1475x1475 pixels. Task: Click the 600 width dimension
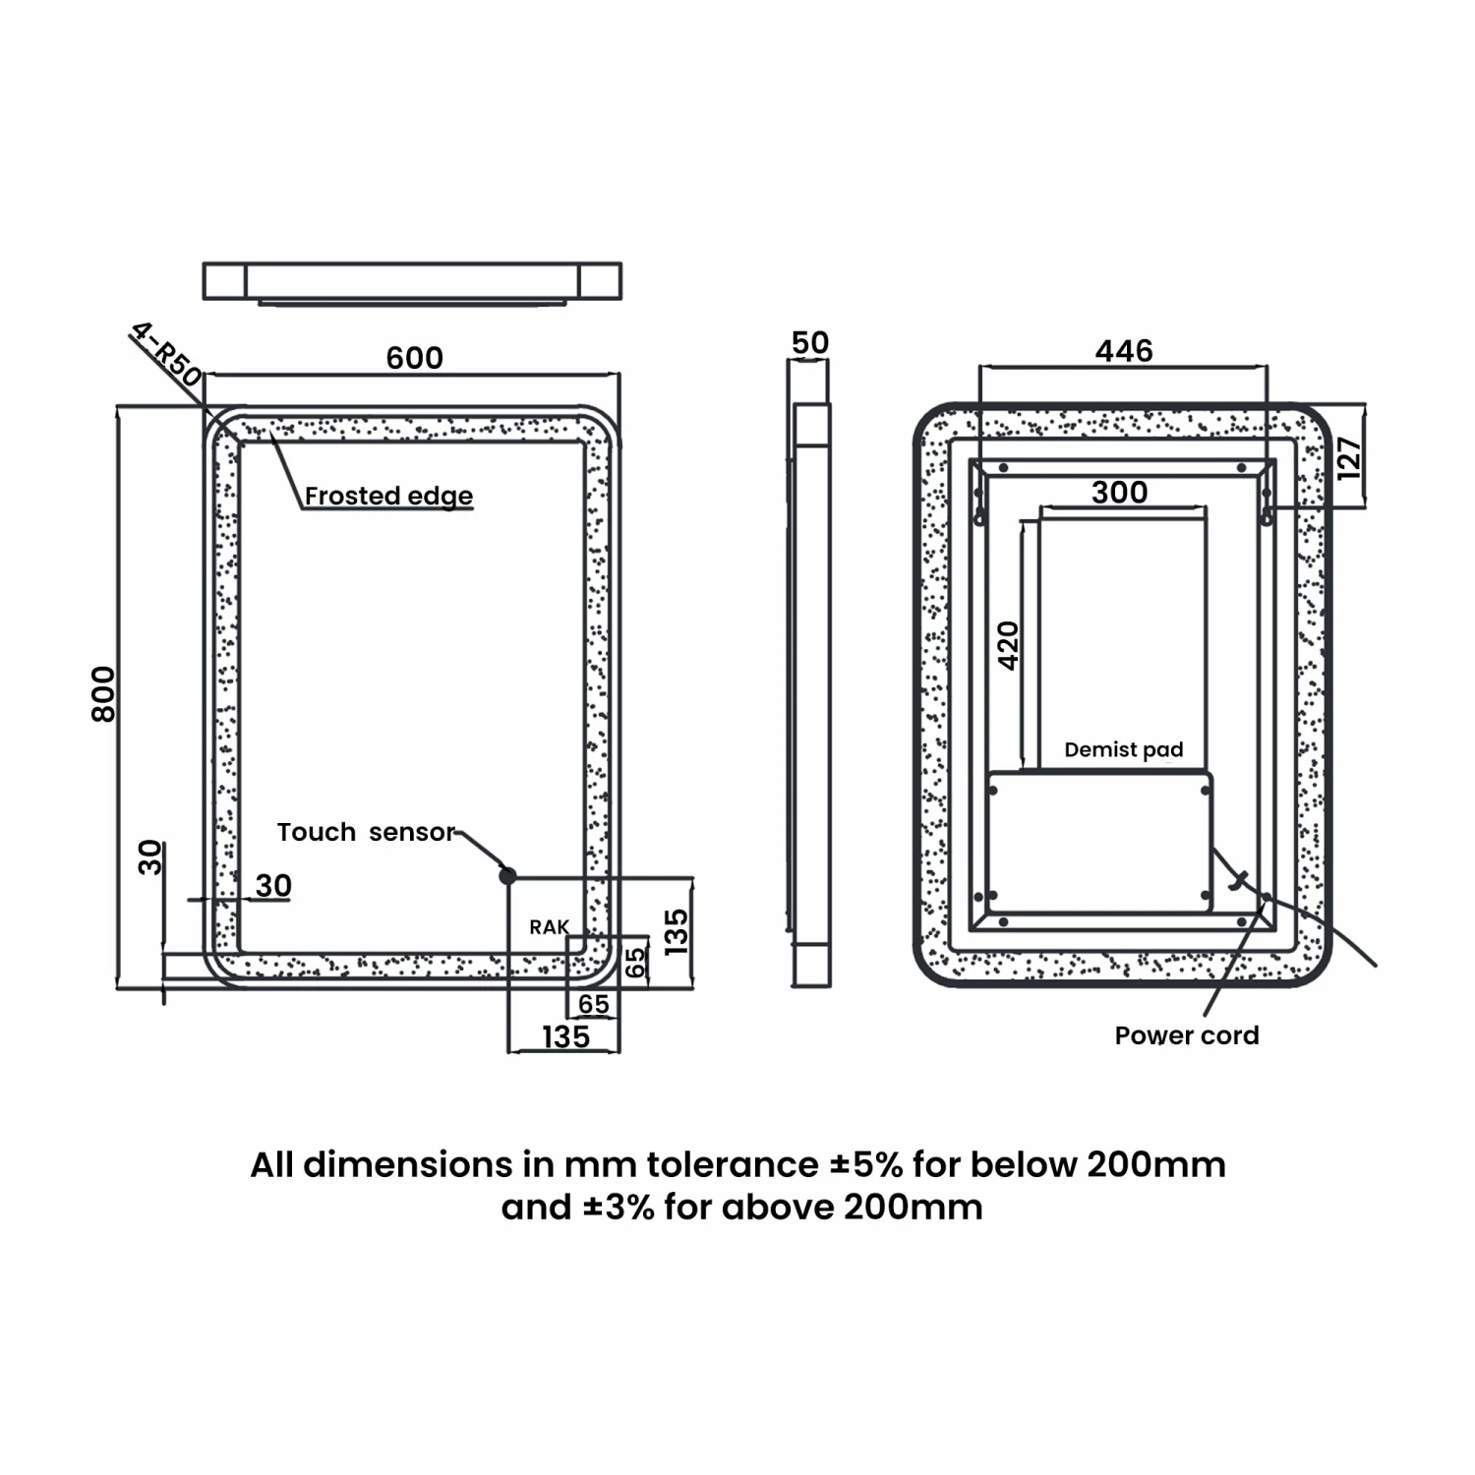(414, 358)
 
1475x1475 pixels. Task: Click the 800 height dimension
(103, 693)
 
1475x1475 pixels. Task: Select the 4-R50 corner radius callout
(166, 355)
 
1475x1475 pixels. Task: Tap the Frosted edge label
(388, 496)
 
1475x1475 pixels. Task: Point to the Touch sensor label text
(366, 832)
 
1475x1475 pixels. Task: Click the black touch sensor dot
(507, 875)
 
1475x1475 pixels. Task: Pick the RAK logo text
(549, 927)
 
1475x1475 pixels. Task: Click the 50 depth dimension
(810, 343)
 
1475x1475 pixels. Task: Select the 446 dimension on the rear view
(1124, 351)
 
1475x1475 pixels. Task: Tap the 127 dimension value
(1349, 457)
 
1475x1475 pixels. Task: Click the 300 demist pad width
(1120, 492)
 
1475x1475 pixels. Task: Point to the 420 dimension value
(1009, 645)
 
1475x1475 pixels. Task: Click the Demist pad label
(1124, 750)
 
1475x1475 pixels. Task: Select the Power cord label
(1187, 1035)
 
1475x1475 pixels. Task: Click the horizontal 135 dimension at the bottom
(565, 1036)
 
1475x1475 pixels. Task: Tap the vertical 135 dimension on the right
(677, 932)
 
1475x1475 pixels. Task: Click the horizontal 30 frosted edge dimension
(273, 885)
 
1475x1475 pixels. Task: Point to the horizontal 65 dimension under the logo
(594, 1004)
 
